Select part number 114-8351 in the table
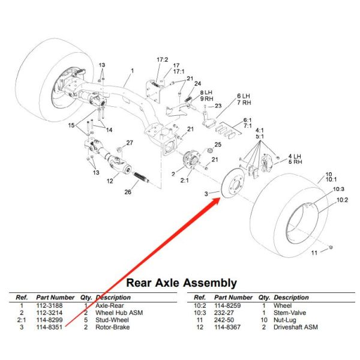click(50, 327)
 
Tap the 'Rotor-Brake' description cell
click(112, 327)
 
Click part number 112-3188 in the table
click(50, 305)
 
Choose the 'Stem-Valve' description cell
click(289, 313)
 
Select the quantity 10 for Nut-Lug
click(263, 320)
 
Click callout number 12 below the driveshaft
click(110, 181)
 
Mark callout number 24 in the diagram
click(197, 83)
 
